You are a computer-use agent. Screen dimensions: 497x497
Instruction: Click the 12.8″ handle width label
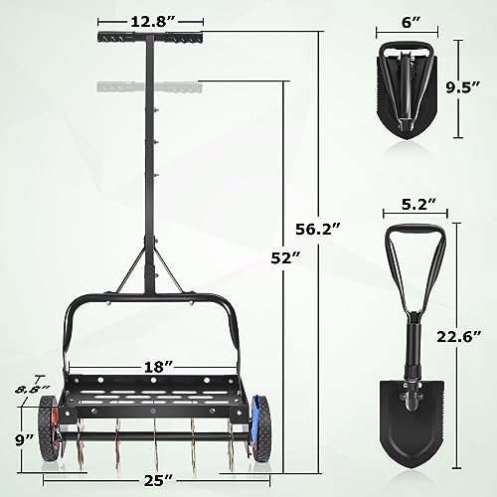(150, 22)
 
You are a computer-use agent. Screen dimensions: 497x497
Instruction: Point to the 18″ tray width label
(158, 367)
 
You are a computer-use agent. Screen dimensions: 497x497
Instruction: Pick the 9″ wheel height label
(24, 440)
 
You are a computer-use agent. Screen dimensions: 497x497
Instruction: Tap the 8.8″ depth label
(33, 390)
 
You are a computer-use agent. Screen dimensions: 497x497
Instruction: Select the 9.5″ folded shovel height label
(463, 87)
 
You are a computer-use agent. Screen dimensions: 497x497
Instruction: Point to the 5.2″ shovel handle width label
(418, 205)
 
